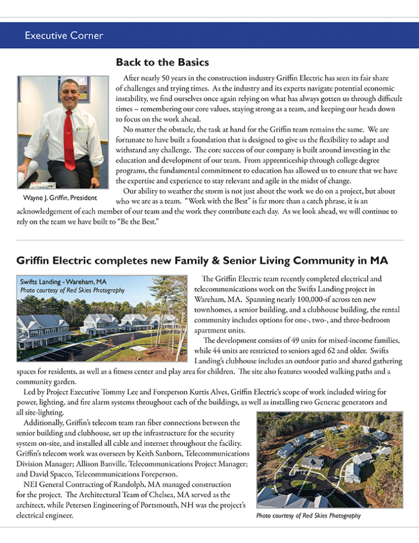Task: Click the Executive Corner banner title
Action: click(64, 36)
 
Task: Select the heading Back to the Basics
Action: click(162, 63)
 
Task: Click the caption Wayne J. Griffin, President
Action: click(60, 198)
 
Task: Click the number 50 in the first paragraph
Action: click(172, 78)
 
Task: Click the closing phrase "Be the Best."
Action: click(127, 220)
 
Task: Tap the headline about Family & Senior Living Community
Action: click(202, 261)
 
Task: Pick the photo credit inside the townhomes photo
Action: click(73, 290)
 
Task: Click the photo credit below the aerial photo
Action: click(308, 515)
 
